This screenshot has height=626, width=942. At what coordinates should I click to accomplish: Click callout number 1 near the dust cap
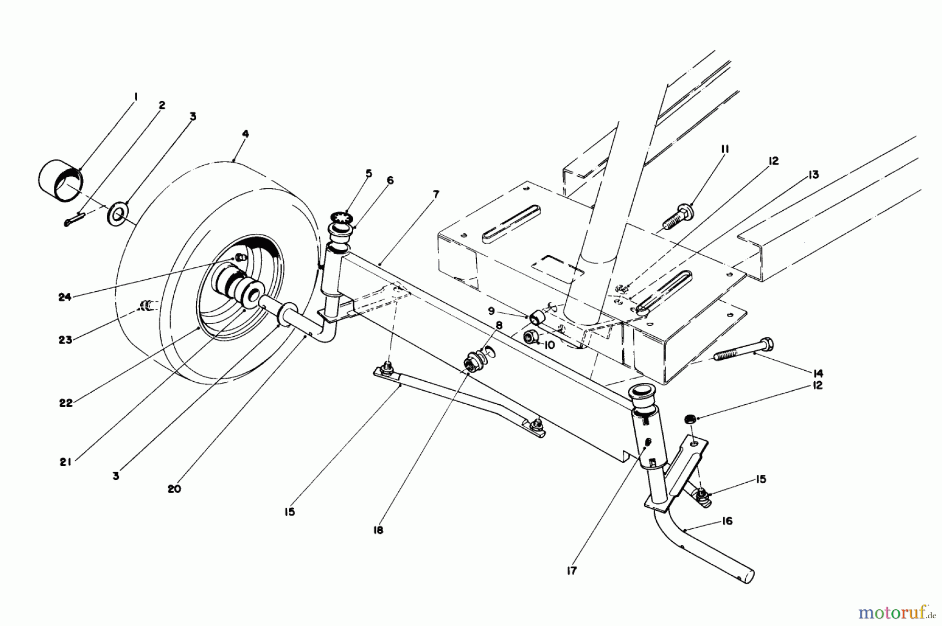point(135,96)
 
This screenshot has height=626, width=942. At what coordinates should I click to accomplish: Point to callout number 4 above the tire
point(245,134)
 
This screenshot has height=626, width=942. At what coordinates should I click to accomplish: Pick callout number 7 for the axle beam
point(435,195)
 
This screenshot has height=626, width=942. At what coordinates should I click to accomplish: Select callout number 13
point(813,175)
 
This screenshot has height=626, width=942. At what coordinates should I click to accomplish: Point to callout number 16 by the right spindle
point(726,521)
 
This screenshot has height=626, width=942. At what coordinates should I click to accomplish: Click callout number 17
point(571,571)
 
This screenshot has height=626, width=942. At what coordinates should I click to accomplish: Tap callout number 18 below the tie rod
point(378,530)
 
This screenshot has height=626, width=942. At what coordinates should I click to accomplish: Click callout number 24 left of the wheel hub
point(64,297)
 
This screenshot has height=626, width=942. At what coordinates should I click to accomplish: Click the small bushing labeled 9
point(537,317)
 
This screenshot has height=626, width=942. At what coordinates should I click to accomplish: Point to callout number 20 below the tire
point(174,489)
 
